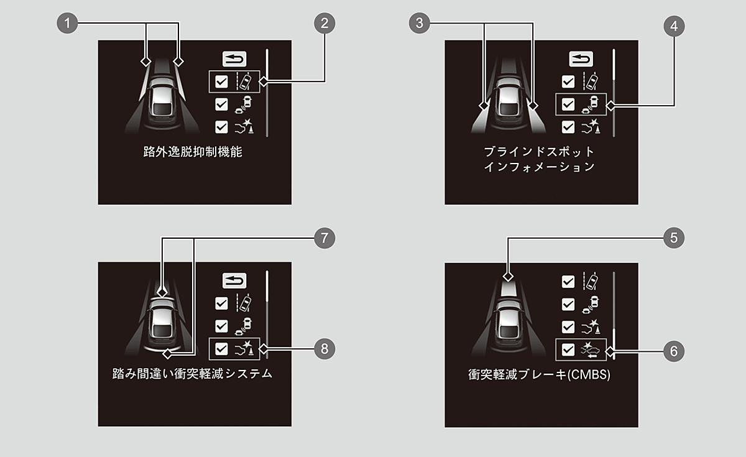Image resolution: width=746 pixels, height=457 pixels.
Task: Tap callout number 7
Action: (325, 238)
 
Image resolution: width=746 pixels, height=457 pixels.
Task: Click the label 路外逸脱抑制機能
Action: (193, 152)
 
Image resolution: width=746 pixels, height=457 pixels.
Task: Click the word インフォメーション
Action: (540, 167)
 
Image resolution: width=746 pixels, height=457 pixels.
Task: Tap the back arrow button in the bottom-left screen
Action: (234, 280)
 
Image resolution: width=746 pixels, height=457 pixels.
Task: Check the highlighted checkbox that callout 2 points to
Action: (222, 81)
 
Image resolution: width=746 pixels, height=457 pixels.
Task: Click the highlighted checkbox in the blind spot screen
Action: (568, 104)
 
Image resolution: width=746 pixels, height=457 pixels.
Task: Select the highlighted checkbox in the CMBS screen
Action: (568, 349)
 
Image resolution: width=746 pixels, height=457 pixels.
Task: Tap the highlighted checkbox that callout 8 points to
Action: (222, 349)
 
